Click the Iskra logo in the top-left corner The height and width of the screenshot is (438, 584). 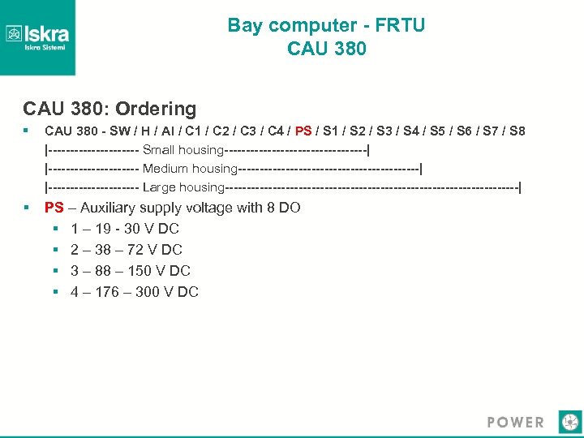point(37,37)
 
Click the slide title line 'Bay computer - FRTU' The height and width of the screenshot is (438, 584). point(326,25)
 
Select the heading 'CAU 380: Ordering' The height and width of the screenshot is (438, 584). point(109,109)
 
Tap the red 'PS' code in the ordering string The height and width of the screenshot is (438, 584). point(303,131)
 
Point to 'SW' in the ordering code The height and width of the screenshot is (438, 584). point(118,131)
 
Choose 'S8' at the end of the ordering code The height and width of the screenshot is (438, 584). point(516,131)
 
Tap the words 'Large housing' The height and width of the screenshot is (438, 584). point(183,187)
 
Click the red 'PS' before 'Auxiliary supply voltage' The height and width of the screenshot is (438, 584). point(54,208)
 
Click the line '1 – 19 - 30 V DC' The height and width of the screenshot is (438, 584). point(125,229)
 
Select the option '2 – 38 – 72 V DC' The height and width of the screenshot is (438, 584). point(127,250)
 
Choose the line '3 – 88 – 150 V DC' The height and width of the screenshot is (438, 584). point(131,271)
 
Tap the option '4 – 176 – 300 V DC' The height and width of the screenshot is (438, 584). point(135,292)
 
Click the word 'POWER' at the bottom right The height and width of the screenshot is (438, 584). point(515,422)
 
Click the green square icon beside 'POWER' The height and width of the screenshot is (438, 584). point(570,422)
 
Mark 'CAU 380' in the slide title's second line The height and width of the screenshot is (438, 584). point(326,49)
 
